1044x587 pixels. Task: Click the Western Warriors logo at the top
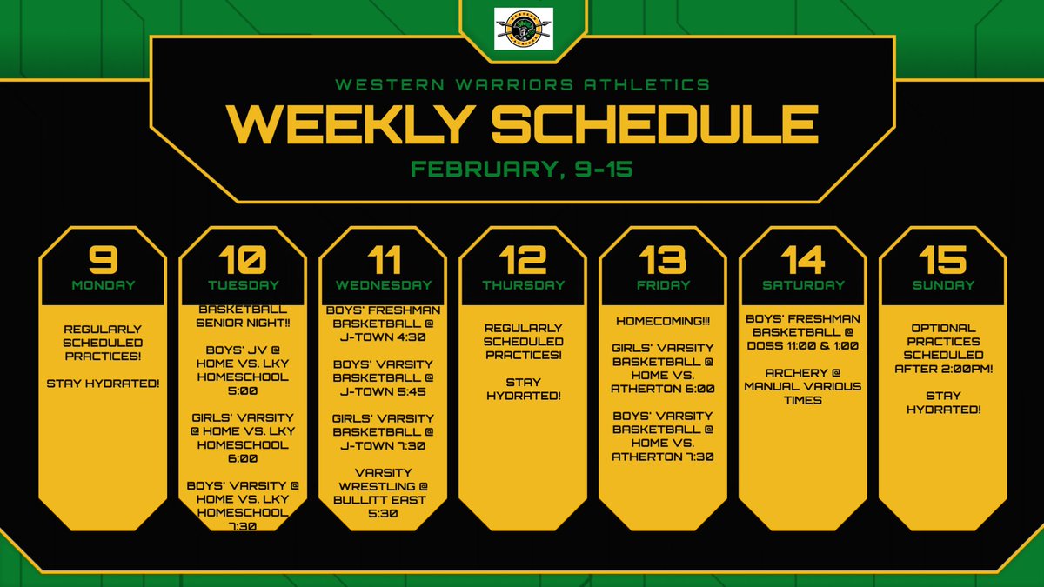click(523, 29)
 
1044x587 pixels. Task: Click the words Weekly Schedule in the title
click(522, 123)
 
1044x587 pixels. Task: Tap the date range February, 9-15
click(522, 169)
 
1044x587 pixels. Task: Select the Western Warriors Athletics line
click(522, 84)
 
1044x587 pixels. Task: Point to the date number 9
click(103, 258)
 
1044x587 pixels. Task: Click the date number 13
click(662, 258)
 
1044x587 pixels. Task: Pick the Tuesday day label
click(243, 284)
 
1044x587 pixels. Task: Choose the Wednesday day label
click(383, 284)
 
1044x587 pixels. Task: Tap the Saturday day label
click(802, 284)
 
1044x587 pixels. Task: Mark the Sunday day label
click(942, 284)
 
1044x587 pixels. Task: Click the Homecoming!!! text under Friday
click(663, 321)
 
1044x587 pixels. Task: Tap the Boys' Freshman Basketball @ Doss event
click(802, 331)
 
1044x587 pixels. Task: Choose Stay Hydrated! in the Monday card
click(103, 382)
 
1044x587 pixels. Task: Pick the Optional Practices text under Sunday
click(942, 341)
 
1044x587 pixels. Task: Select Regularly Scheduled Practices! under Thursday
click(523, 341)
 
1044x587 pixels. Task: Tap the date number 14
click(802, 258)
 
